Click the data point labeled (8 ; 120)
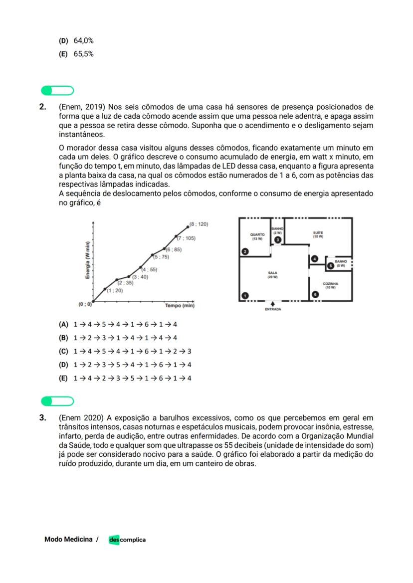click(188, 226)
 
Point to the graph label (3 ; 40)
click(140, 276)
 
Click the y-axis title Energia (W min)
click(87, 260)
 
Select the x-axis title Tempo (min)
click(180, 305)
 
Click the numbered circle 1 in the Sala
click(245, 295)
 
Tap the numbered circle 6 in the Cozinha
click(315, 295)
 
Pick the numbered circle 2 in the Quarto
click(245, 251)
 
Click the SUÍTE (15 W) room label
click(318, 234)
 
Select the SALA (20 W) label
click(272, 275)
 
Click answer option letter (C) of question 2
click(63, 351)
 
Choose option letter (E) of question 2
click(63, 378)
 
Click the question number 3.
click(43, 417)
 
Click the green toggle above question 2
click(57, 90)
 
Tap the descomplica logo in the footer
click(127, 540)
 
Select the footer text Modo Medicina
click(68, 539)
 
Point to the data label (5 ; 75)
click(161, 257)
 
